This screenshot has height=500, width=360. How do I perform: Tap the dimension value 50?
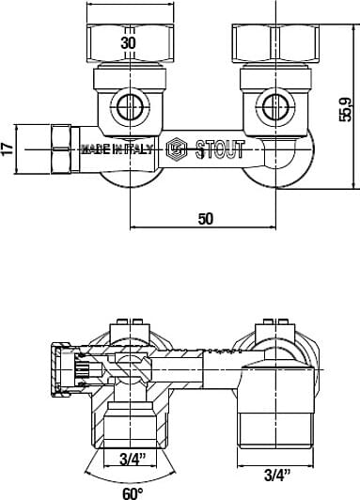pos(206,218)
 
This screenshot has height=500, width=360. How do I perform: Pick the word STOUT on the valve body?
pos(218,148)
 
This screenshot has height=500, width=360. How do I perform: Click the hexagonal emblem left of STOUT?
pos(176,148)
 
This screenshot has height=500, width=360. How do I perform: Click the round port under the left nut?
pos(130,103)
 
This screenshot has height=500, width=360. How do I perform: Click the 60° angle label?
pos(133,492)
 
